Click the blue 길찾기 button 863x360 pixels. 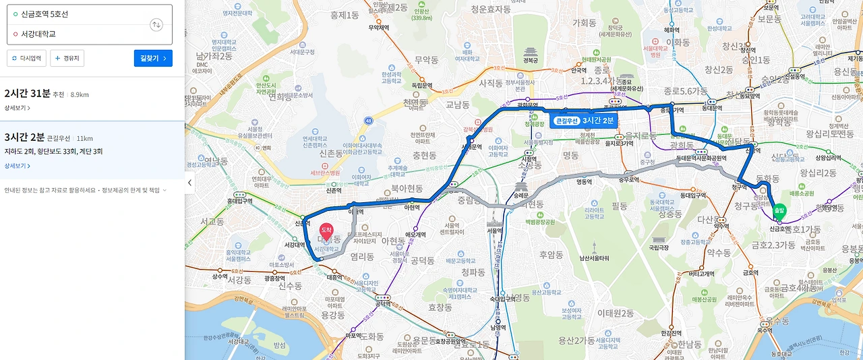(153, 59)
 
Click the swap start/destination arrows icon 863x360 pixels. (156, 25)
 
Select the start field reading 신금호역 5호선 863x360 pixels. (78, 14)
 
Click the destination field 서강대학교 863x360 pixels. (78, 34)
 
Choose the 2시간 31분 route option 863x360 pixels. (27, 94)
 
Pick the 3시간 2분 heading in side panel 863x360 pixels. (24, 138)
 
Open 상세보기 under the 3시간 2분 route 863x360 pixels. (17, 166)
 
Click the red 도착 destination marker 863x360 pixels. (326, 233)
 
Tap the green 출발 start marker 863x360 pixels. (779, 212)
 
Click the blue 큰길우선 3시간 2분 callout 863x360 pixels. (584, 121)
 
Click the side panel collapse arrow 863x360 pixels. (189, 183)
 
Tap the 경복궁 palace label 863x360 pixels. (532, 60)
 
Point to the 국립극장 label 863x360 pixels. (658, 247)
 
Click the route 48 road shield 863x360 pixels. (368, 121)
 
